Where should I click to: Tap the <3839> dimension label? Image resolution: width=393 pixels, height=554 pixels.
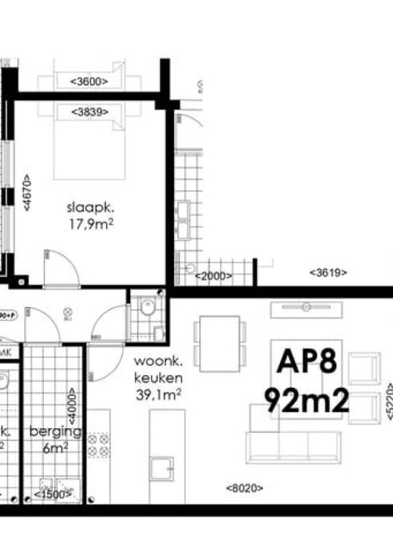coord(90,112)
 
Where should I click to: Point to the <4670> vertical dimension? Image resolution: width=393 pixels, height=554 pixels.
coord(26,193)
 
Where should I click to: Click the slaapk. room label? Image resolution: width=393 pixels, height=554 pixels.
coord(90,208)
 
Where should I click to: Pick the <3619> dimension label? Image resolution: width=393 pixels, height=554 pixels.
coord(328,273)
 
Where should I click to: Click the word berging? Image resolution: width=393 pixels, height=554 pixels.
coord(55,432)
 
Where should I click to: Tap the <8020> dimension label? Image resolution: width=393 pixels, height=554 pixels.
coord(245,487)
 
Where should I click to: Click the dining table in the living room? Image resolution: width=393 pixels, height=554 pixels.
coord(220,344)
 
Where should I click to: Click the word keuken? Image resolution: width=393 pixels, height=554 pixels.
coord(160,377)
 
